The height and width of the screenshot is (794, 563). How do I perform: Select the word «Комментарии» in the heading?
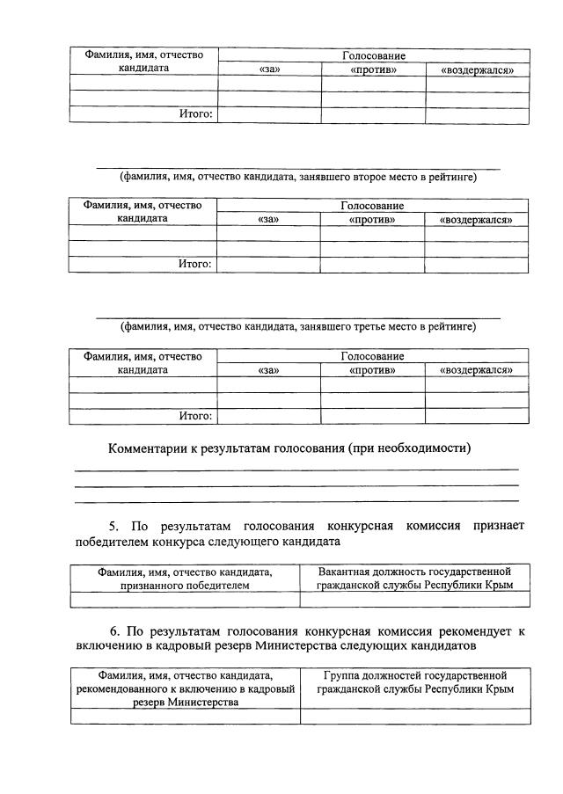(x=147, y=448)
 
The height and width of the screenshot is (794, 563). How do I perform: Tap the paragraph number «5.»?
(x=115, y=526)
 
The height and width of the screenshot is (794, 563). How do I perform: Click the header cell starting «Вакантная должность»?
(x=414, y=578)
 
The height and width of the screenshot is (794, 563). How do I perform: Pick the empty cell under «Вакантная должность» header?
(x=414, y=600)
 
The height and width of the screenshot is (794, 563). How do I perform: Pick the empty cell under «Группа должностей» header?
(x=414, y=717)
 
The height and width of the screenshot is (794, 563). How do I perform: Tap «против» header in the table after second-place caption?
(x=372, y=220)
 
